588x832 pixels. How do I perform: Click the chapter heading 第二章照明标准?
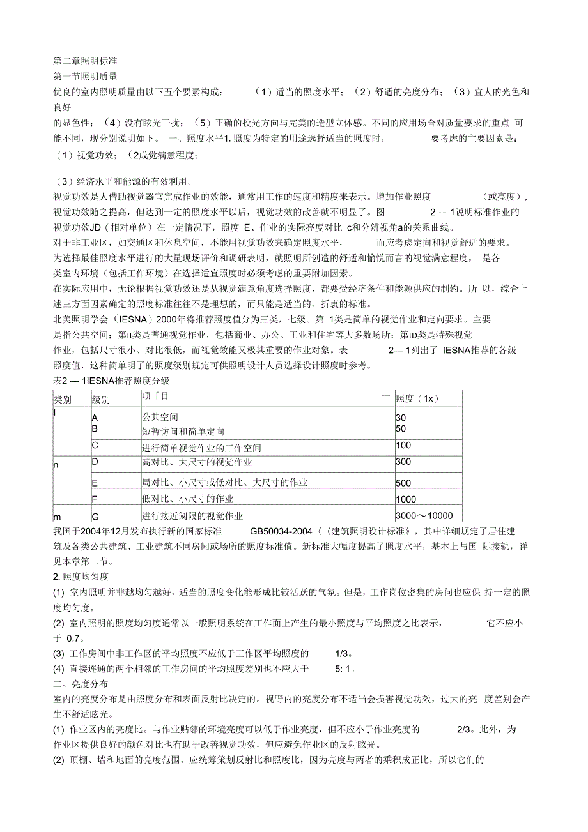click(84, 61)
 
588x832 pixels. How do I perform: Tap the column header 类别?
click(63, 399)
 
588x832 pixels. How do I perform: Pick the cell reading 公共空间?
click(160, 418)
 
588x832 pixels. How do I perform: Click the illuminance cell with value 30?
click(401, 418)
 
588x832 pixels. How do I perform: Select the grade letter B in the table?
click(95, 428)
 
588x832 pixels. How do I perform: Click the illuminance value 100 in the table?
click(404, 445)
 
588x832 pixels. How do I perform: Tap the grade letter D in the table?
click(95, 461)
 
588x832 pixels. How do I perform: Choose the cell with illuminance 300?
click(404, 461)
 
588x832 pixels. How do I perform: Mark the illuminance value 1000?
click(406, 499)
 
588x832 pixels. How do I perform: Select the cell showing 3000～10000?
click(424, 516)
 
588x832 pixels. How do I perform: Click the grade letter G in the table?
click(95, 516)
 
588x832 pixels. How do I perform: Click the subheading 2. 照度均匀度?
click(82, 577)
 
